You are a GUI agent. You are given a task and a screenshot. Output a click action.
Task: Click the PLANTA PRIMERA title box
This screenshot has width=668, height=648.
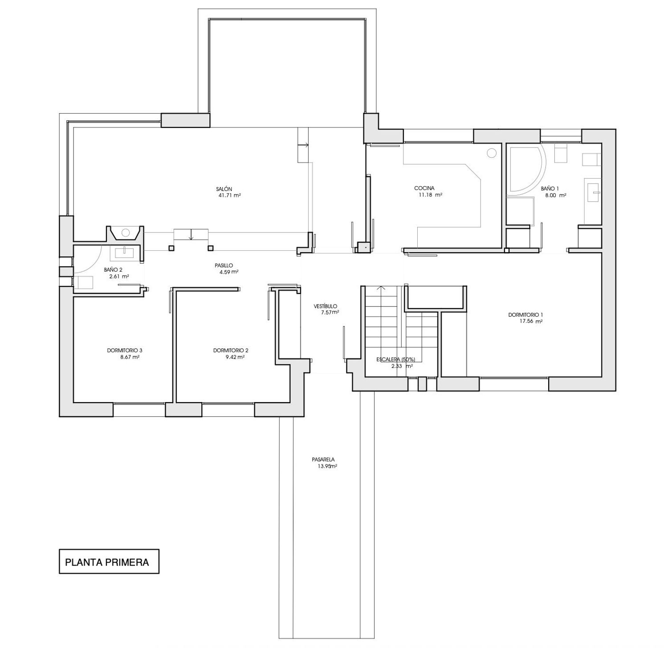tap(109, 561)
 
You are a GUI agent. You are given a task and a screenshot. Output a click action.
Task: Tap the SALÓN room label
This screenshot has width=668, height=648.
tap(224, 189)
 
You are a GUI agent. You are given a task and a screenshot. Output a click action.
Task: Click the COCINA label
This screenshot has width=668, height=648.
tap(424, 188)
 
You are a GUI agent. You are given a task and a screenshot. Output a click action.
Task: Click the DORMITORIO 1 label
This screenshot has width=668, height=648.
tap(526, 315)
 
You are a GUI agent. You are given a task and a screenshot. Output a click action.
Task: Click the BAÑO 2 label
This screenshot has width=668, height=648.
tap(113, 269)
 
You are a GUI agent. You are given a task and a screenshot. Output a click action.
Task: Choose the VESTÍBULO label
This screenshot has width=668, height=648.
tap(326, 306)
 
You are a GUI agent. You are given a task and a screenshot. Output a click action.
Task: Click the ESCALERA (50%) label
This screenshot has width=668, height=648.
tap(395, 359)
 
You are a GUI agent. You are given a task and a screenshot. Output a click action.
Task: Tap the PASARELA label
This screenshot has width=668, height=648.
tap(323, 460)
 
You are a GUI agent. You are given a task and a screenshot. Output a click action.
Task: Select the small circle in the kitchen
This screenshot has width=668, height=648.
tap(491, 153)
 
